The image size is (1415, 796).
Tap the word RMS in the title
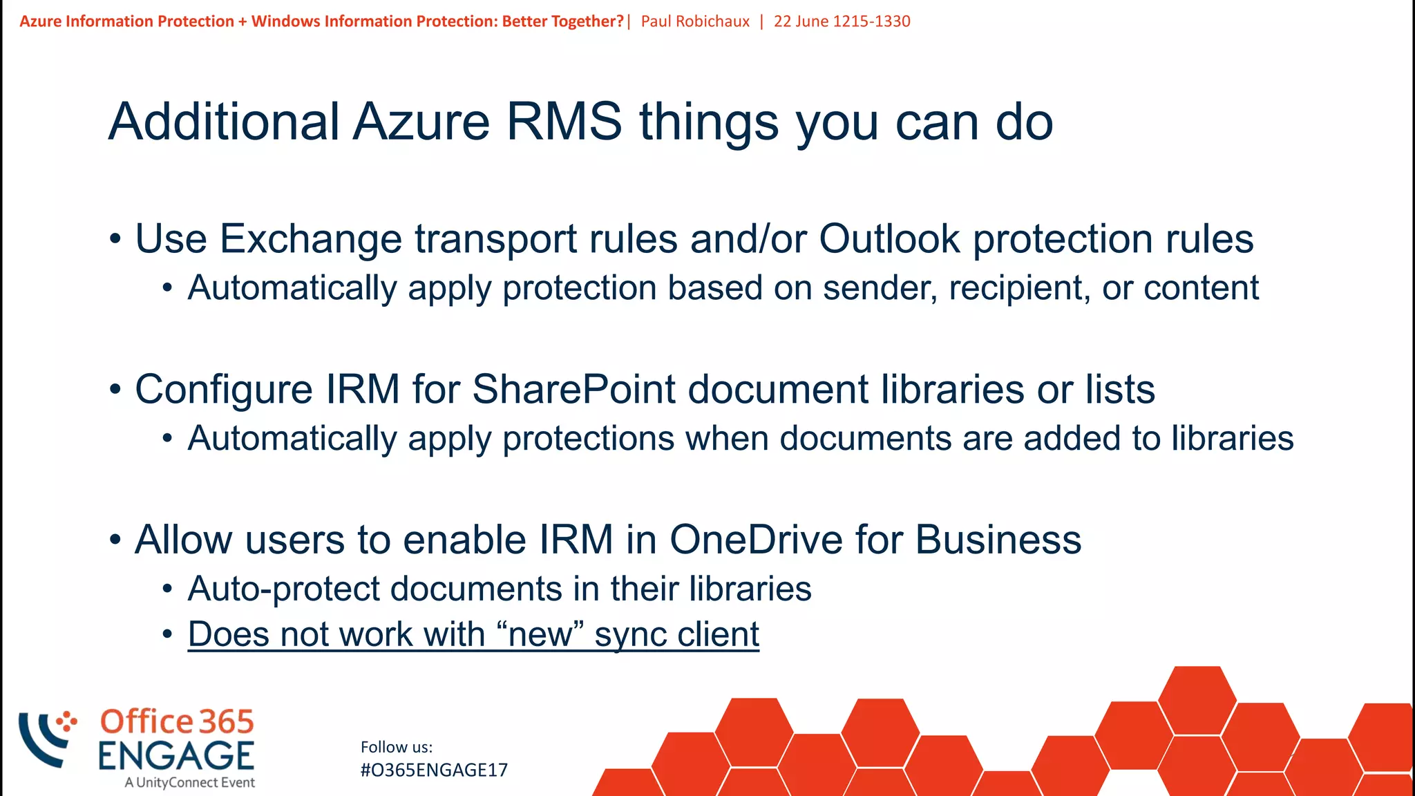click(564, 122)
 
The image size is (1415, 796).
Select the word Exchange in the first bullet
click(311, 239)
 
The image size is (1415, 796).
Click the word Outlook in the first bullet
click(889, 239)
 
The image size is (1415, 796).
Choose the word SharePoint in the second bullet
click(573, 389)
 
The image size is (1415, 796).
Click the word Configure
click(224, 389)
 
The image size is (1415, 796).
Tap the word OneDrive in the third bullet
click(756, 540)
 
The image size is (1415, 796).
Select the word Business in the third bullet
click(998, 540)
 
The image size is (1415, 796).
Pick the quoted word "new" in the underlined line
click(540, 634)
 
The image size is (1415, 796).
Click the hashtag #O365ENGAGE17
click(434, 770)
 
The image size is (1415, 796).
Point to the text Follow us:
click(397, 747)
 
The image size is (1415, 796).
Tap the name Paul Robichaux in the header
click(695, 21)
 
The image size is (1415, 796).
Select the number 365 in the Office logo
click(226, 722)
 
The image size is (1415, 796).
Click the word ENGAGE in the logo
click(175, 755)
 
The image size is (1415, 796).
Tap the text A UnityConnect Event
click(189, 783)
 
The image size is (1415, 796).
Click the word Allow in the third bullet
click(183, 540)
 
